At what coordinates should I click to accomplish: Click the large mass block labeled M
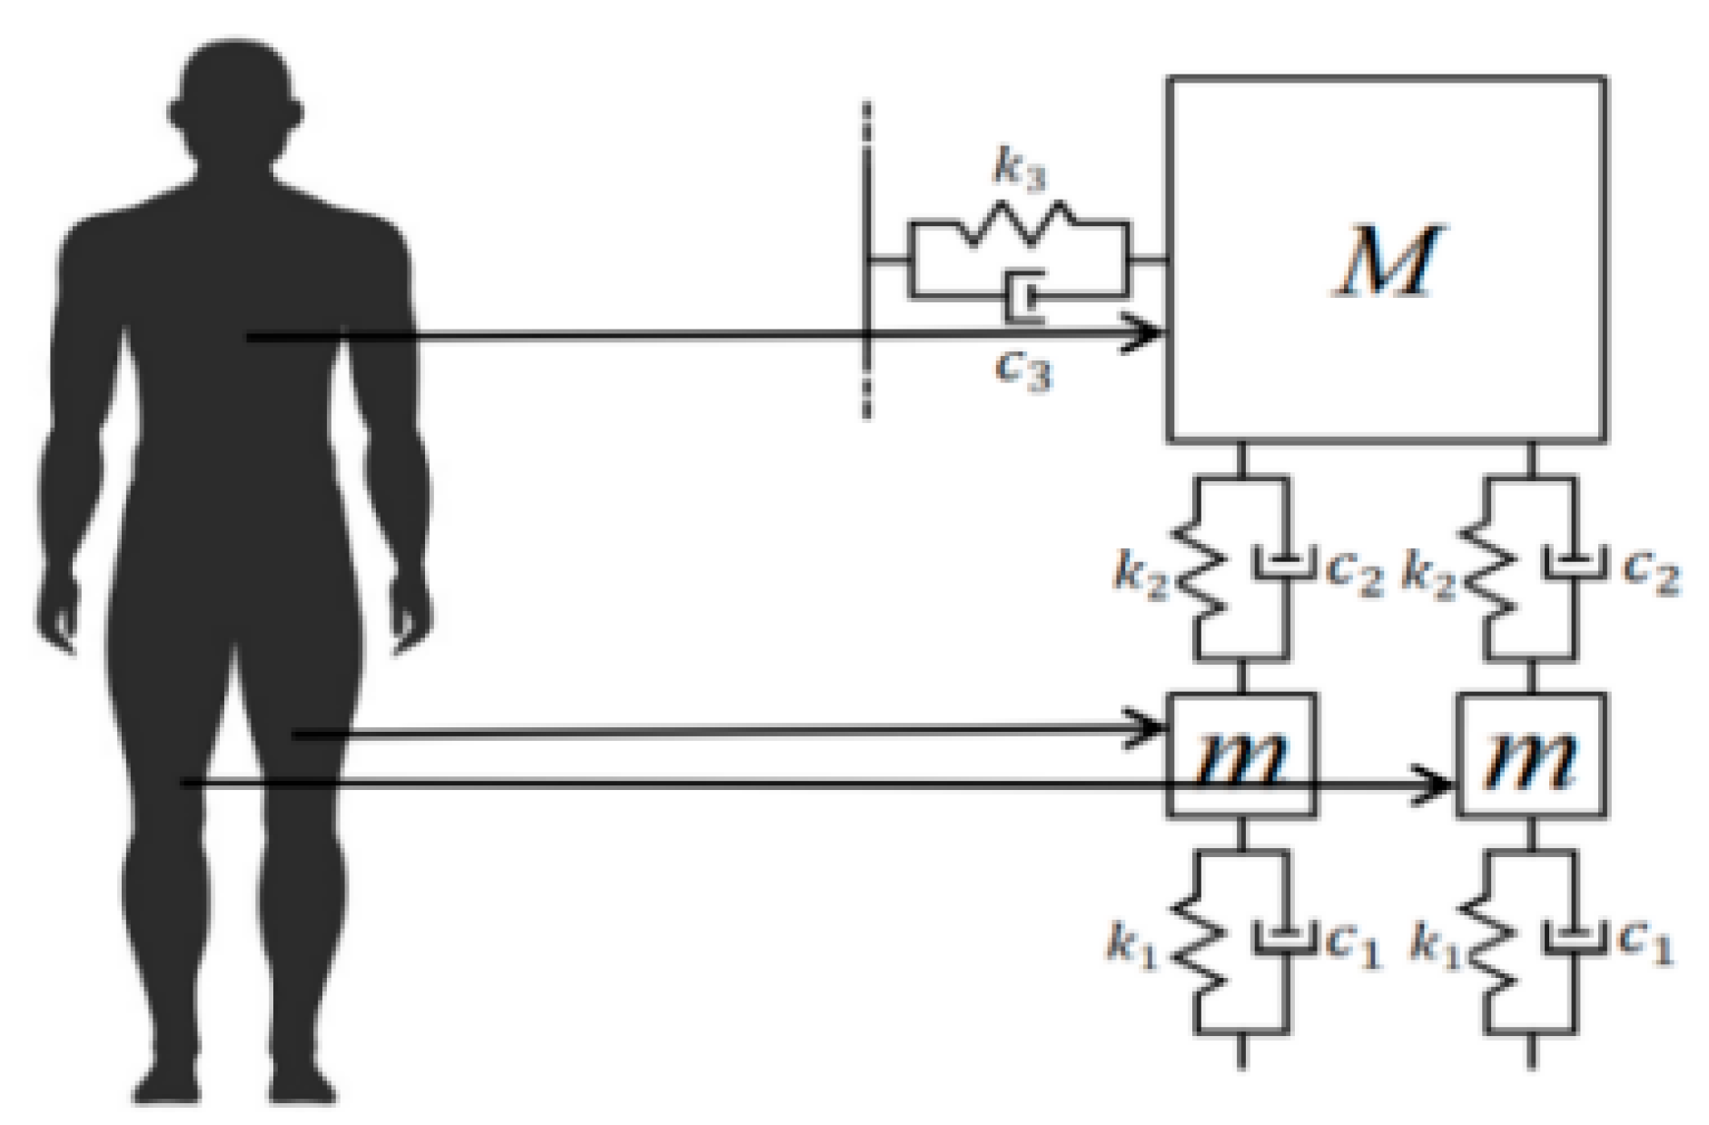tap(1386, 259)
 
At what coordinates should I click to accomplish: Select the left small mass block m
tap(1240, 755)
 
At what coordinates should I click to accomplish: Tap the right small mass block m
tap(1531, 755)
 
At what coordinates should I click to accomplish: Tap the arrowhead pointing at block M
tap(1147, 333)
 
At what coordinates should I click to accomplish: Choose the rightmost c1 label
tap(1645, 944)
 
